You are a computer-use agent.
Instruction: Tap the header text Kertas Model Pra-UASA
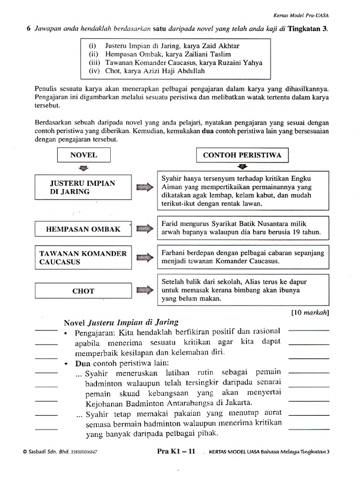tap(302, 15)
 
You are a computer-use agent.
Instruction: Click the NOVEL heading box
tap(83, 155)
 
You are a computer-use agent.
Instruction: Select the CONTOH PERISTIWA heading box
tap(242, 155)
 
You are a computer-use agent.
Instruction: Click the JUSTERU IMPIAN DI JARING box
tap(82, 187)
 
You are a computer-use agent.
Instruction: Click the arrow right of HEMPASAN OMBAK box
tap(144, 229)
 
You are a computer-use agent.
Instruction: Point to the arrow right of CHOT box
tap(144, 291)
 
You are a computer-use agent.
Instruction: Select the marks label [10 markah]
tap(310, 312)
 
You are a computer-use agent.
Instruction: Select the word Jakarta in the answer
tap(237, 403)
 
